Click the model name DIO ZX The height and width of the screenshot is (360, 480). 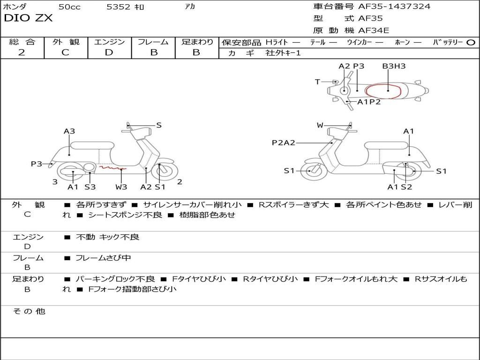(x=29, y=18)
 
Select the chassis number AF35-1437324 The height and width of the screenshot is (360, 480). (x=394, y=7)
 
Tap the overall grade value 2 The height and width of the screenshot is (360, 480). (x=22, y=52)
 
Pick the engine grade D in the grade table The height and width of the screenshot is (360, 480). (x=109, y=52)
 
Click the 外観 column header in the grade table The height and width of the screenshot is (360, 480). (x=66, y=42)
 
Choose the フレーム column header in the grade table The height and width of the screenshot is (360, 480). (x=153, y=42)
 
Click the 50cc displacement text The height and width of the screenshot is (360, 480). (x=69, y=7)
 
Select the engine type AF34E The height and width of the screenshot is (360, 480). (x=374, y=31)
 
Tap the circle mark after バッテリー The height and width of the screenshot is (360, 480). (x=471, y=42)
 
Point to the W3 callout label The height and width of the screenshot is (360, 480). (x=121, y=187)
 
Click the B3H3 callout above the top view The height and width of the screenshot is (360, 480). (x=394, y=66)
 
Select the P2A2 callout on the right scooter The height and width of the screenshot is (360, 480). (x=283, y=142)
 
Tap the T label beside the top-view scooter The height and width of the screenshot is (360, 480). (x=317, y=82)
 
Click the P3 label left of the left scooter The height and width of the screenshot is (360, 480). (x=37, y=164)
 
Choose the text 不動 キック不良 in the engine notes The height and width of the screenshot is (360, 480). (x=107, y=237)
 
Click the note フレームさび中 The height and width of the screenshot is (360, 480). (x=103, y=258)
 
